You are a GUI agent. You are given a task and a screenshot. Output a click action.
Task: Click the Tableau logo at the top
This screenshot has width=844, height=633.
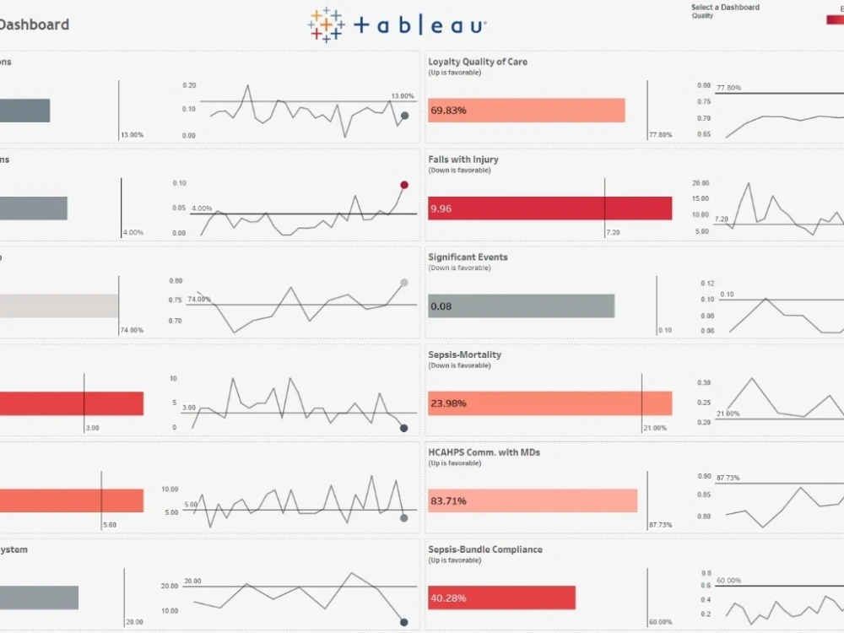point(397,24)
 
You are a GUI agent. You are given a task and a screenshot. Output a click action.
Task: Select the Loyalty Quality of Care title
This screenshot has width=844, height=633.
point(477,62)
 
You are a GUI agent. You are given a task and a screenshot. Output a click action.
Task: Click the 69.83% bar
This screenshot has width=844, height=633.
point(526,111)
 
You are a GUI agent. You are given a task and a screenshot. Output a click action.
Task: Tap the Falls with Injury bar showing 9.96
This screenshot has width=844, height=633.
point(549,208)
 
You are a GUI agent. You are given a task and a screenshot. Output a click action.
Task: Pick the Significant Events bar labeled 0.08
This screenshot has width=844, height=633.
point(521,306)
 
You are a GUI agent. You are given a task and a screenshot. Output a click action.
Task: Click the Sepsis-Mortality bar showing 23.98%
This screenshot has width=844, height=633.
point(549,403)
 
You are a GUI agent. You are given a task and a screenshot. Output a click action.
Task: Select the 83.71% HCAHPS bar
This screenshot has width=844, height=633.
point(532,501)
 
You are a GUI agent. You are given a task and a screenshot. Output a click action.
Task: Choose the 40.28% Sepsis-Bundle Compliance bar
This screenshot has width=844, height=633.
point(501,598)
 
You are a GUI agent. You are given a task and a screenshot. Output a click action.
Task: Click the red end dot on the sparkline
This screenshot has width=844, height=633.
point(404,185)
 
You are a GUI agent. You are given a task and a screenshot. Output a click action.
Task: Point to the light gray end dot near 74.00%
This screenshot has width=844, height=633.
point(404,283)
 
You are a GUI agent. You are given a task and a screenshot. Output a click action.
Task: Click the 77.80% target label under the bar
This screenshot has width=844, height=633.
point(660,135)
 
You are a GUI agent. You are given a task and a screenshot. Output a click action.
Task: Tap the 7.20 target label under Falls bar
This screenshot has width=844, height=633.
point(613,232)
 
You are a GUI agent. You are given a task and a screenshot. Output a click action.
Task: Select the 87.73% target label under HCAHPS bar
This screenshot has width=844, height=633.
point(660,525)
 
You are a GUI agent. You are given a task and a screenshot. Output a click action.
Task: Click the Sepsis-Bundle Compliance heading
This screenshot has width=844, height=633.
point(484,549)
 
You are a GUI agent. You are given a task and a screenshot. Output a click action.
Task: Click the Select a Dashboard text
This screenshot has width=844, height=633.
point(725,8)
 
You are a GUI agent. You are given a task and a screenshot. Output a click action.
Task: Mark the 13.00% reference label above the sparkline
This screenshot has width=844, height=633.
point(403,96)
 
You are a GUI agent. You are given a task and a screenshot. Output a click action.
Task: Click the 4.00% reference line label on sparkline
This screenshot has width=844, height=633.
point(202,208)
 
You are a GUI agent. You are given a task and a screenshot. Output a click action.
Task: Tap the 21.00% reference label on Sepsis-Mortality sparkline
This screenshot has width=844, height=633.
point(728,414)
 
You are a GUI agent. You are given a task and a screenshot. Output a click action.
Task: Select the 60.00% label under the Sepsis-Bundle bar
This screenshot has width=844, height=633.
point(661,622)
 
